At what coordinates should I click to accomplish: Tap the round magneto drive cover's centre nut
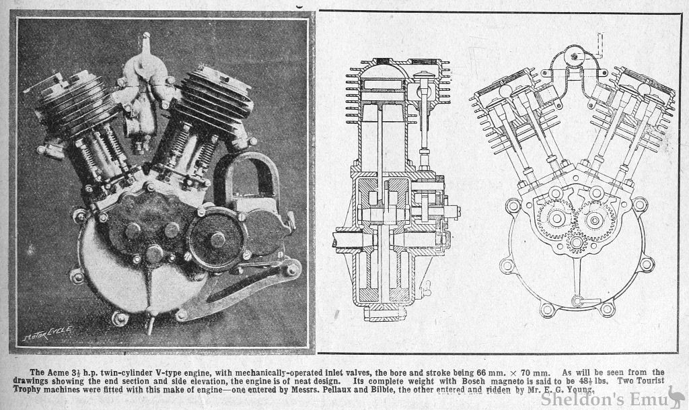(x=217, y=239)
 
